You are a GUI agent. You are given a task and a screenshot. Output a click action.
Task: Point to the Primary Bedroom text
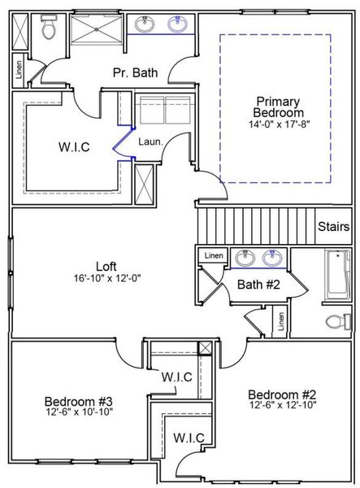pyautogui.click(x=279, y=107)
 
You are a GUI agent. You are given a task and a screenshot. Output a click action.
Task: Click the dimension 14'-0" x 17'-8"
pyautogui.click(x=279, y=125)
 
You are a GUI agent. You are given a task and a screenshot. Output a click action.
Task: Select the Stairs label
pyautogui.click(x=333, y=226)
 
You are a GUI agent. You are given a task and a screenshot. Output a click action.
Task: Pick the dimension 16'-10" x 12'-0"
pyautogui.click(x=107, y=278)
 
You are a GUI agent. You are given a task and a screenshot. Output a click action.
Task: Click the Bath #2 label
pyautogui.click(x=258, y=284)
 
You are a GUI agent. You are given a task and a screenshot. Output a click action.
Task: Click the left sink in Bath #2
pyautogui.click(x=242, y=259)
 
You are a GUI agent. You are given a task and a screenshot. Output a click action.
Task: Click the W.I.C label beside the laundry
pyautogui.click(x=73, y=147)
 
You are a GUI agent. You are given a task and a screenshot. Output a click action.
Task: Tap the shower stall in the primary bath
pyautogui.click(x=96, y=29)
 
